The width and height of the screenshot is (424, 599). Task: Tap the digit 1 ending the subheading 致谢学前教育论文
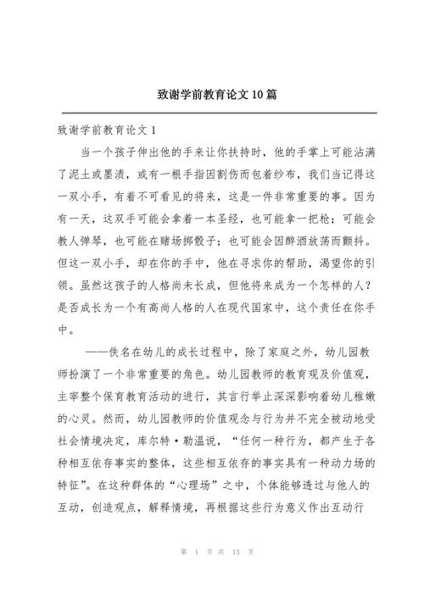(x=153, y=130)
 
